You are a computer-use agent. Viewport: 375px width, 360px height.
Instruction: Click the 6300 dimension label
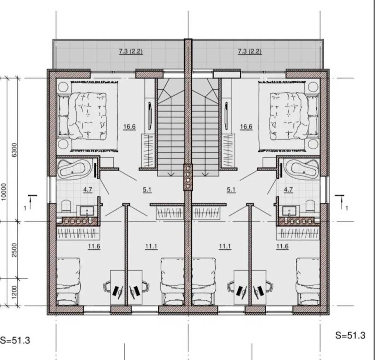click(15, 150)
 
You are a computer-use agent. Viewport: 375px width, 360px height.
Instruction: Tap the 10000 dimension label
click(4, 192)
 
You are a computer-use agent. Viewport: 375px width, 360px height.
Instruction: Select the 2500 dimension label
click(15, 250)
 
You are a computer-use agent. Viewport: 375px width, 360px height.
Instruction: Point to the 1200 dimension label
click(15, 292)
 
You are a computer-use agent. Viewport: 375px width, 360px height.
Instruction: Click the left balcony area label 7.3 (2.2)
click(131, 51)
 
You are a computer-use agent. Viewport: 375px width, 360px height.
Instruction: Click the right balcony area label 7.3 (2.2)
click(250, 51)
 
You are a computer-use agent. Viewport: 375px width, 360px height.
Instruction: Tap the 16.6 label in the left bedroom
click(129, 127)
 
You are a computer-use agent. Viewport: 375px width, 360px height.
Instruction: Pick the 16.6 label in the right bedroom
click(246, 127)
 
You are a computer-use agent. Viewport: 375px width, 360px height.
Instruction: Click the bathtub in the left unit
click(74, 168)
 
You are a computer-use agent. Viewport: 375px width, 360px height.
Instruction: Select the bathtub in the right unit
click(302, 168)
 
